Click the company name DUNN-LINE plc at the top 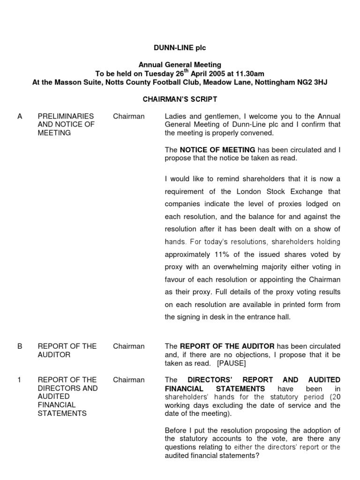pyautogui.click(x=180, y=48)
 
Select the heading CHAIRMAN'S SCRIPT pyautogui.click(x=180, y=99)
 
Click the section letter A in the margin pyautogui.click(x=20, y=116)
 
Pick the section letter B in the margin pyautogui.click(x=20, y=346)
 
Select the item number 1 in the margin pyautogui.click(x=19, y=380)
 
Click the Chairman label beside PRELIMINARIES pyautogui.click(x=129, y=116)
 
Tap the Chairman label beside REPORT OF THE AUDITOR pyautogui.click(x=129, y=346)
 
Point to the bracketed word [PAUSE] pyautogui.click(x=231, y=363)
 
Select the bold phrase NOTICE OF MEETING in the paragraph pyautogui.click(x=217, y=150)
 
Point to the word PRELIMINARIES pyautogui.click(x=66, y=116)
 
